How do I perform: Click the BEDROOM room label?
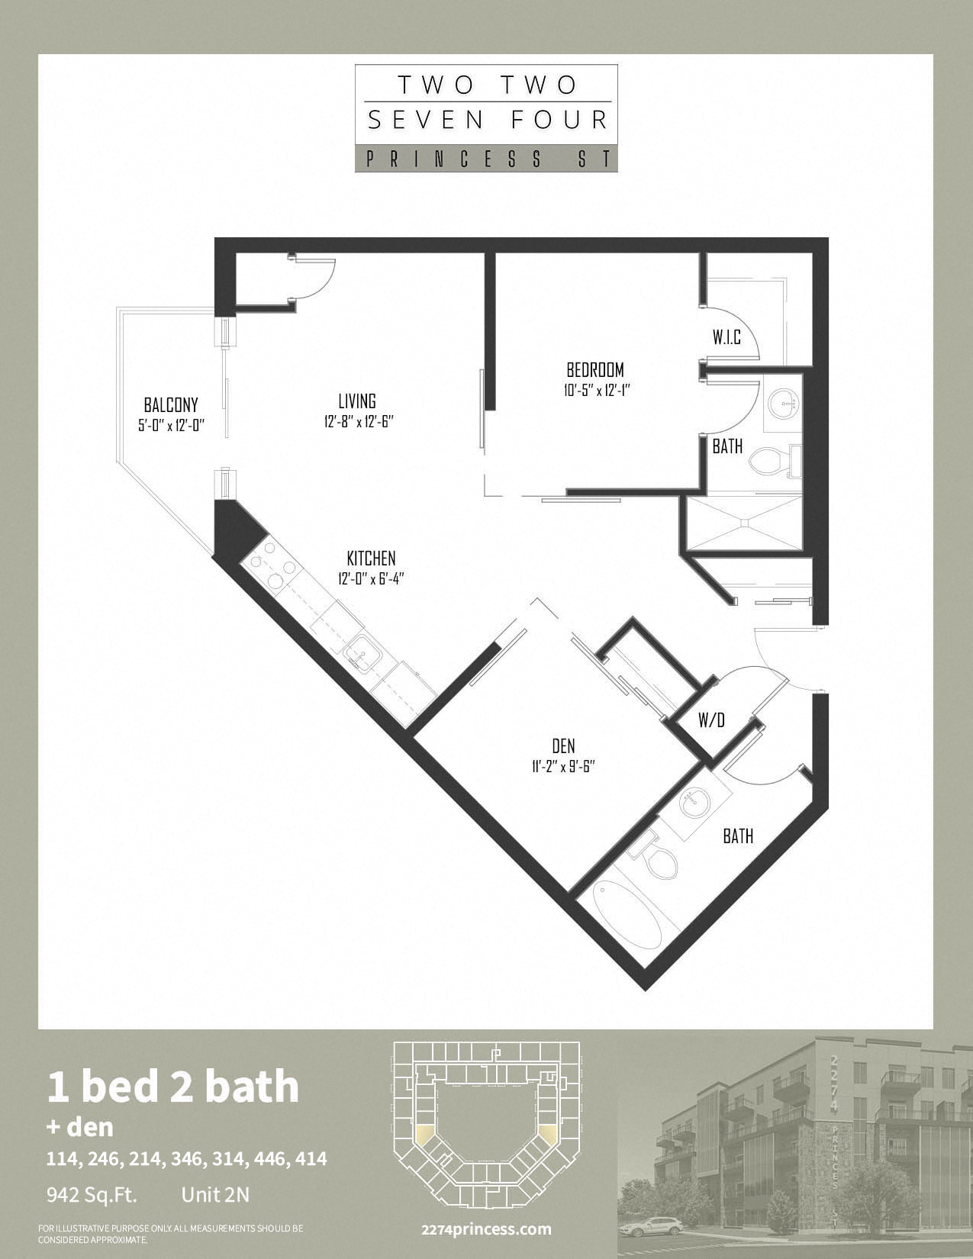point(595,369)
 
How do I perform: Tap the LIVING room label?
point(357,401)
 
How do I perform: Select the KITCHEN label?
point(371,559)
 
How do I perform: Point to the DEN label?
point(563,745)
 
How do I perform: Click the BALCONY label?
point(171,404)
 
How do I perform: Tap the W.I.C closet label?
point(727,337)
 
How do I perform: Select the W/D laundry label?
point(712,720)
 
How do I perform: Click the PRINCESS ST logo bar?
point(486,158)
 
